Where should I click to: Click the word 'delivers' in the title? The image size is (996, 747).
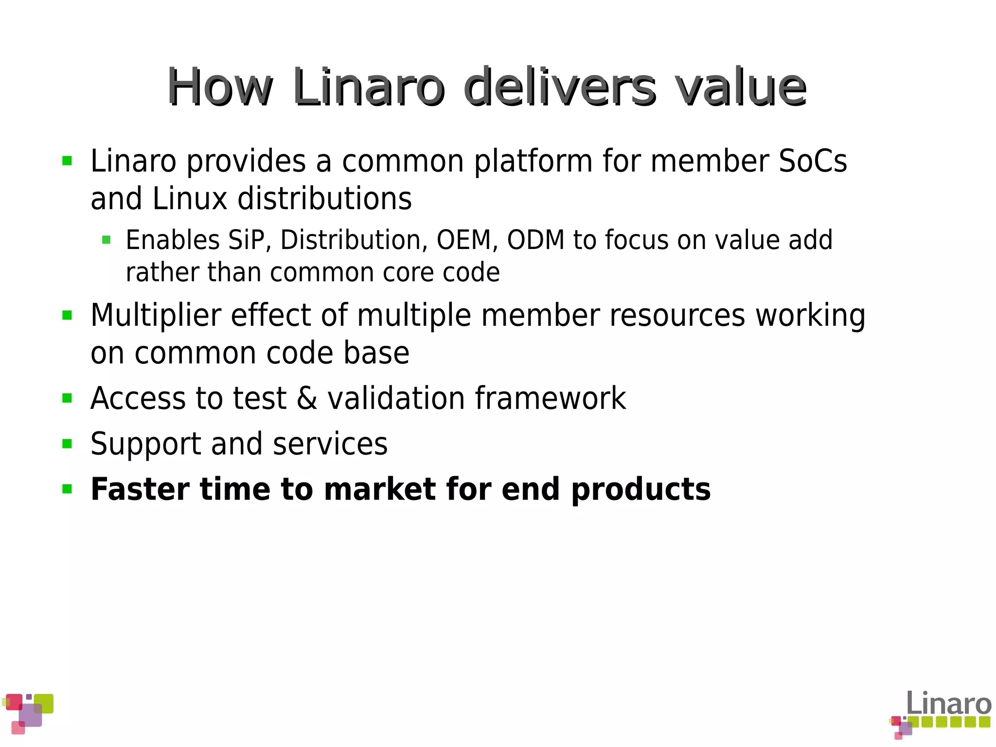pyautogui.click(x=560, y=88)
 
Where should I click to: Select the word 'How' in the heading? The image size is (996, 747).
pyautogui.click(x=220, y=88)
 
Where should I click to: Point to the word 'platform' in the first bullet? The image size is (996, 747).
pyautogui.click(x=533, y=162)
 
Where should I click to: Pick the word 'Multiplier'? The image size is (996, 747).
pyautogui.click(x=156, y=316)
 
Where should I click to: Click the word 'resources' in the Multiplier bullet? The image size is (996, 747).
pyautogui.click(x=677, y=316)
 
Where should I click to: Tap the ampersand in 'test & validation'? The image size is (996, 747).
pyautogui.click(x=307, y=398)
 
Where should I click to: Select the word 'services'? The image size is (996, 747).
pyautogui.click(x=330, y=444)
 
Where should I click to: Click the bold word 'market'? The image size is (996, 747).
pyautogui.click(x=380, y=489)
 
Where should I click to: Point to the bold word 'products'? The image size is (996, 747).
pyautogui.click(x=641, y=490)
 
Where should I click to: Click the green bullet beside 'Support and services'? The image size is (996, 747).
pyautogui.click(x=67, y=444)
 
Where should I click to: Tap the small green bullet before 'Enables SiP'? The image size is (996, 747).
pyautogui.click(x=107, y=240)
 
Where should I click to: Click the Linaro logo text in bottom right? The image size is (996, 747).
pyautogui.click(x=948, y=704)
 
